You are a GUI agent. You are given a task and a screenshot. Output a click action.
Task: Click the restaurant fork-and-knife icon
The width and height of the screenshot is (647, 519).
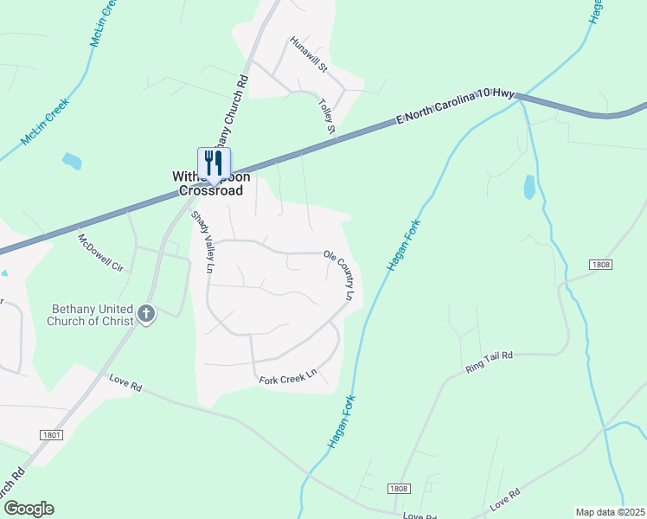[214, 163]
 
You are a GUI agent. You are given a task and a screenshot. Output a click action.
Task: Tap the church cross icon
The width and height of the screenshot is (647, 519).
[146, 313]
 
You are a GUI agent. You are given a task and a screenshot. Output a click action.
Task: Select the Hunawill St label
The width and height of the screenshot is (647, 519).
[309, 54]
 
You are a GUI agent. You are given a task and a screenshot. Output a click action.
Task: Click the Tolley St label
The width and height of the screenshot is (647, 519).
[326, 117]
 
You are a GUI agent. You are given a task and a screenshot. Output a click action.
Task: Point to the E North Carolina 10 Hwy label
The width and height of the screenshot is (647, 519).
[456, 107]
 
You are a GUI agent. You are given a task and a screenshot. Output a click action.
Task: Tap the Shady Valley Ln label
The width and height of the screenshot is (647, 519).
[202, 242]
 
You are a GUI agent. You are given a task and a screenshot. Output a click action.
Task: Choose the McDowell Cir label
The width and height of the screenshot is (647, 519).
[100, 253]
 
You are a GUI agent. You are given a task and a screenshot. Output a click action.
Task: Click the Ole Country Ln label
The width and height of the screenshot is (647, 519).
[340, 276]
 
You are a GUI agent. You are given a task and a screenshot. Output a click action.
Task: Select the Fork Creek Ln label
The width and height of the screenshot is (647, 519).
[288, 378]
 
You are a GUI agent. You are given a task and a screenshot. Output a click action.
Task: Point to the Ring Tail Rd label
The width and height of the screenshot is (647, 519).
[489, 362]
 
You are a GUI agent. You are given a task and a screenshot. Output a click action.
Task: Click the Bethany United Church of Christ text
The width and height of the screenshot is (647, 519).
[80, 315]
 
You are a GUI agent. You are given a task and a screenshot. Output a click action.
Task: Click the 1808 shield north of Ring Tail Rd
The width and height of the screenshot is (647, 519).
[602, 263]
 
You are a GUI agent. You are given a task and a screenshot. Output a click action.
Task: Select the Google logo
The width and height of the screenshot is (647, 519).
[29, 509]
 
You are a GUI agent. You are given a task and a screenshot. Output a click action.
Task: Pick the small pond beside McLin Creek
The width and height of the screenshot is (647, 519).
[72, 160]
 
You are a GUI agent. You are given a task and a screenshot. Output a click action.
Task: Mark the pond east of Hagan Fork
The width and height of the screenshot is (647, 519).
[529, 188]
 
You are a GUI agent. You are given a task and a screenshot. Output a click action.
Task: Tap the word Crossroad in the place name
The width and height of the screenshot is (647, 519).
[210, 191]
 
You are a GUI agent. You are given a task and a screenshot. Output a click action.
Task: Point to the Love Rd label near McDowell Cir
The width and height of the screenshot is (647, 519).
[125, 382]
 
